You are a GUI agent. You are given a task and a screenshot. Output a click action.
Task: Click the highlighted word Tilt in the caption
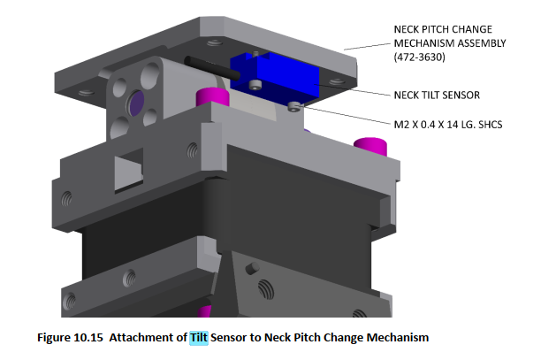pyautogui.click(x=199, y=337)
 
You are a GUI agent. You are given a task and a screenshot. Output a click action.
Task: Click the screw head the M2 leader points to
pyautogui.click(x=294, y=107)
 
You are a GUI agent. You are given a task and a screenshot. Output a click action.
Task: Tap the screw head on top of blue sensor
pyautogui.click(x=254, y=84)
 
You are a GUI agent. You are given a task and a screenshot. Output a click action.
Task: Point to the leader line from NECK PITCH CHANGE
pyautogui.click(x=367, y=44)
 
